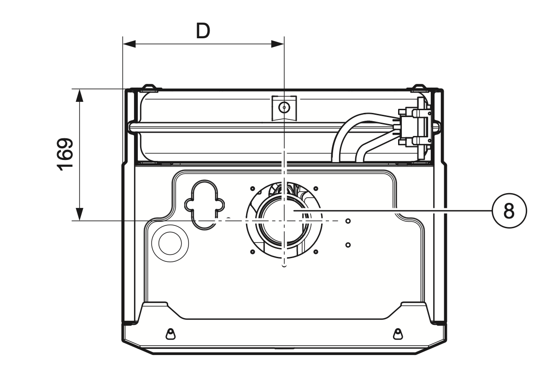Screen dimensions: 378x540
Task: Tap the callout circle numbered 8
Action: (509, 211)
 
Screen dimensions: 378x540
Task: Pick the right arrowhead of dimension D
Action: (277, 44)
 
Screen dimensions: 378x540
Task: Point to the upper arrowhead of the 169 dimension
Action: (80, 95)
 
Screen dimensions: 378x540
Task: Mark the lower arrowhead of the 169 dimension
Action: (80, 214)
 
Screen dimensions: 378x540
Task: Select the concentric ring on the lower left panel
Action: (170, 241)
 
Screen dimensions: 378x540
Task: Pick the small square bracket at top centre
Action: (284, 108)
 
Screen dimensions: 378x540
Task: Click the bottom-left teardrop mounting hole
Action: (170, 333)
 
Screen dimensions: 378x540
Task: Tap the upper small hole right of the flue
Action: (348, 221)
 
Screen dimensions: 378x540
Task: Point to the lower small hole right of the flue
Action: (348, 244)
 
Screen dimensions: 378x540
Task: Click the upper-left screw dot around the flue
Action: (252, 188)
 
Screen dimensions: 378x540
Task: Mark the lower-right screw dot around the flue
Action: (316, 252)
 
